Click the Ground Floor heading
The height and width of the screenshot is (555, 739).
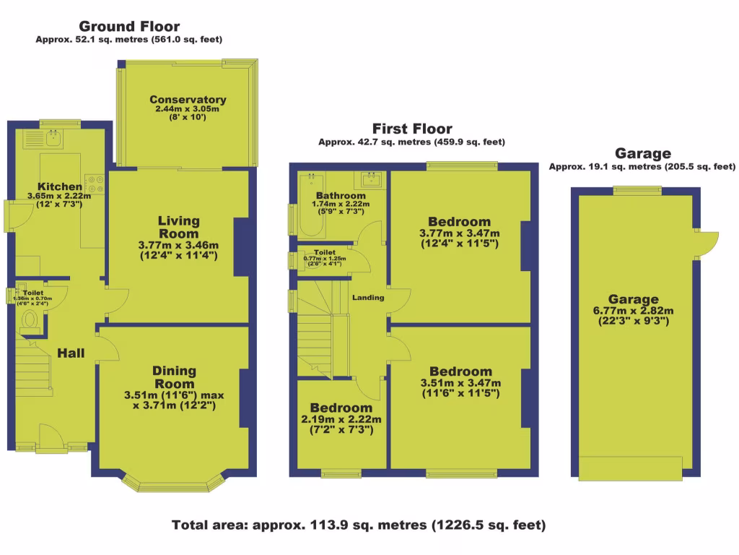[129, 27]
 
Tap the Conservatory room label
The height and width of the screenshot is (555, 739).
[188, 100]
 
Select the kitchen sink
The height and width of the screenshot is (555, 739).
[54, 136]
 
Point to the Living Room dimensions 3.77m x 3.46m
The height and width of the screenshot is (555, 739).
[179, 245]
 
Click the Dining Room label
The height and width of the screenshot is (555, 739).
[174, 377]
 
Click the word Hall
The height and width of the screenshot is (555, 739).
[71, 353]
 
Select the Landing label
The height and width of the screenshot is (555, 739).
[367, 298]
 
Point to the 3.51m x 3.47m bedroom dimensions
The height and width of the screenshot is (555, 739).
[460, 383]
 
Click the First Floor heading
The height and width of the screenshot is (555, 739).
[411, 129]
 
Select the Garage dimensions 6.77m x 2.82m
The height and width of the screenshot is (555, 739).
[633, 311]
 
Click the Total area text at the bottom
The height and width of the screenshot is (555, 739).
[359, 525]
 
